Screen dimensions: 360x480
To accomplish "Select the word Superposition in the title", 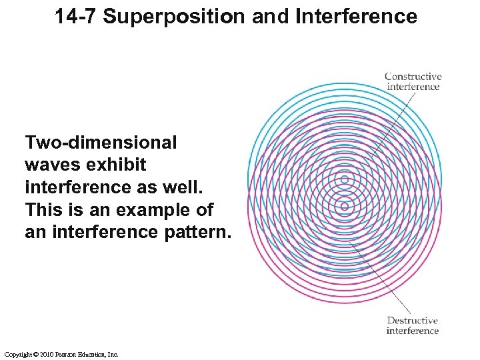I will tap(176, 17).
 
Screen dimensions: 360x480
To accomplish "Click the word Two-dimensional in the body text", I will tap(101, 143).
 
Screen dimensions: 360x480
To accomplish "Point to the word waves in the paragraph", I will tap(51, 165).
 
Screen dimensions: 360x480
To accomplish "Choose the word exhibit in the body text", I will tap(119, 165).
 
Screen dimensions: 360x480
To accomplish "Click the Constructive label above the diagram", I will tap(413, 76).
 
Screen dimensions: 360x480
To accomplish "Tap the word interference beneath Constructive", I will tap(413, 86).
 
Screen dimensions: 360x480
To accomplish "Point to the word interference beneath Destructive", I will tap(413, 331).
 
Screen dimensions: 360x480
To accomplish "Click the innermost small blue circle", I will tap(344, 180).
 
